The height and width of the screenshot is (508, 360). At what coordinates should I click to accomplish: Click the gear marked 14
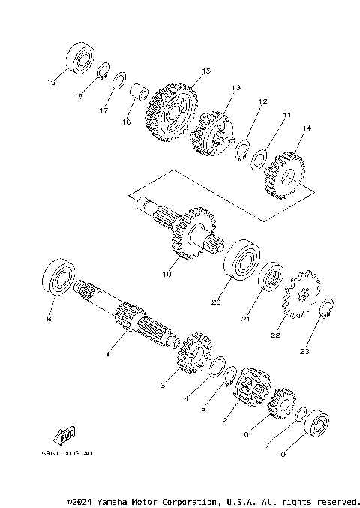click(284, 176)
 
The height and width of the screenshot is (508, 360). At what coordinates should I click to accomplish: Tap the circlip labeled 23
click(326, 309)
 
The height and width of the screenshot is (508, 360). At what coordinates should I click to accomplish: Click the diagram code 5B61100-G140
click(73, 453)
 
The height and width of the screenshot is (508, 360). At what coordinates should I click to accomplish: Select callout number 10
click(166, 275)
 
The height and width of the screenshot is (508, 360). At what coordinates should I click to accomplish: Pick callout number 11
click(286, 116)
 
